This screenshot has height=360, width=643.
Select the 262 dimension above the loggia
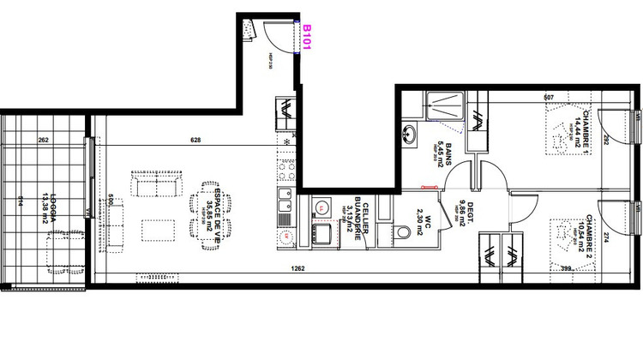tap(44, 139)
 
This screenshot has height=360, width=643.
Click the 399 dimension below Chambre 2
tap(566, 267)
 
